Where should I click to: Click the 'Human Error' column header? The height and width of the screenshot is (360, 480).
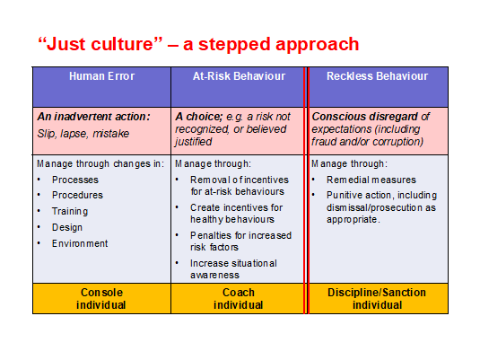(101, 76)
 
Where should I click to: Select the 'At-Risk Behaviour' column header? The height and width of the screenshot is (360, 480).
(239, 76)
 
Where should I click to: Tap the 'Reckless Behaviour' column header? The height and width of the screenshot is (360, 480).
(377, 76)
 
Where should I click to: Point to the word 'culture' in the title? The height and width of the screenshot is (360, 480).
(126, 44)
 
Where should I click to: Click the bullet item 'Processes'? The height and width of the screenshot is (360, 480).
(75, 180)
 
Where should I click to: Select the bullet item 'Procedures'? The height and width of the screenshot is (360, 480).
(77, 195)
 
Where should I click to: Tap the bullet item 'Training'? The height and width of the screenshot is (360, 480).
(70, 211)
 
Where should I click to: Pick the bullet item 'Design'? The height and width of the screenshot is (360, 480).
(67, 228)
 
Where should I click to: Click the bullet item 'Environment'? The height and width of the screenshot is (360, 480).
(80, 243)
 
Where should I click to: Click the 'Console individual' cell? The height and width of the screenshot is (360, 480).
(101, 299)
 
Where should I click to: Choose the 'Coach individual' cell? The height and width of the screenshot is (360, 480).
(238, 299)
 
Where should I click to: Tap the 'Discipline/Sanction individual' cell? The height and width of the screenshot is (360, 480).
(377, 299)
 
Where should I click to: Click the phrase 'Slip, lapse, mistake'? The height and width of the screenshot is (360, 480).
(83, 134)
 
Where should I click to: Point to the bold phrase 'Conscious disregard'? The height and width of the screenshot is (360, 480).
(364, 117)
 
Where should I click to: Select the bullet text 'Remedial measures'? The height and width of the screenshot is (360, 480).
(371, 180)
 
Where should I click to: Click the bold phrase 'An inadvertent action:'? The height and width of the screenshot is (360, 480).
(93, 117)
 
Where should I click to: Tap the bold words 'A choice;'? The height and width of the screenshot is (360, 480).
(199, 117)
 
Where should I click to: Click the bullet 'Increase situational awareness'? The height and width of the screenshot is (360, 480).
(233, 269)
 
